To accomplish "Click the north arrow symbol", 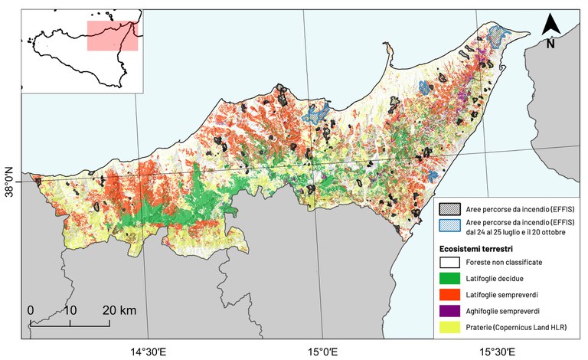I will [x=551, y=25].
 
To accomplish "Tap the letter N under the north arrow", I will [x=551, y=44].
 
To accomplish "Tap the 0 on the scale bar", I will [x=31, y=310].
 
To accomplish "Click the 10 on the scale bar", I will [x=70, y=310].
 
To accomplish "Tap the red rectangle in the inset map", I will [x=112, y=35].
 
